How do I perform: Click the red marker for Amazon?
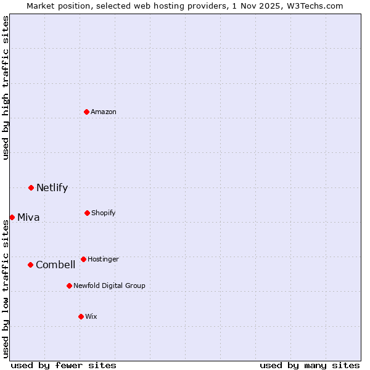coord(87,112)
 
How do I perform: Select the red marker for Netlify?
coord(31,187)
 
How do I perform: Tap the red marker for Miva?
coord(12,217)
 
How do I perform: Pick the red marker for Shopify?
coord(87,213)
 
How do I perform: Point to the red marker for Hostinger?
coord(83,259)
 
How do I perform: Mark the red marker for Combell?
coord(30,265)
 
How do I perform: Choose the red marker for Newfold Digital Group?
coord(69,286)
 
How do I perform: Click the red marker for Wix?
coord(81,316)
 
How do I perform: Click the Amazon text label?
coord(104,112)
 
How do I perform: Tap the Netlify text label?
coord(52,187)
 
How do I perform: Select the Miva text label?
coord(28,217)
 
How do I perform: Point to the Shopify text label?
coord(104,213)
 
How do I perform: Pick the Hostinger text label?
coord(103,259)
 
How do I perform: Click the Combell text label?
coord(55,265)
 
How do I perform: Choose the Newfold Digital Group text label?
coord(109,286)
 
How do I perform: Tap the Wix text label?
coord(91,316)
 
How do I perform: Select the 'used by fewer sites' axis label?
coord(64,365)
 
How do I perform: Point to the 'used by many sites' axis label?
coord(310,365)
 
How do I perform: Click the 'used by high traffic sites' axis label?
coord(6,88)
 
